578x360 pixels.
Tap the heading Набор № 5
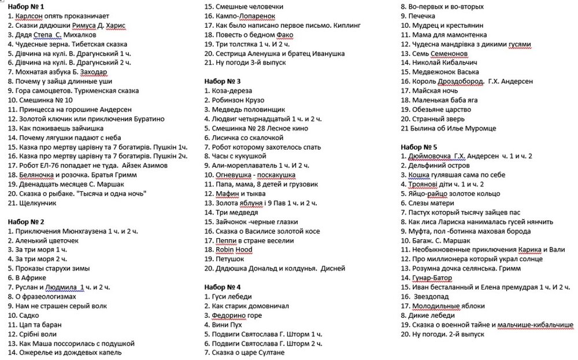pyautogui.click(x=419, y=147)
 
